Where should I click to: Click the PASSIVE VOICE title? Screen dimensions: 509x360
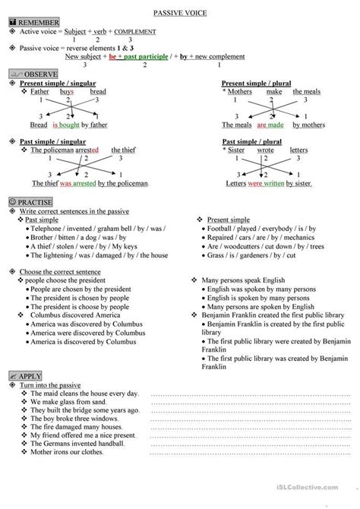[180, 14]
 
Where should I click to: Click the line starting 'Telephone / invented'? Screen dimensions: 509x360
[86, 228]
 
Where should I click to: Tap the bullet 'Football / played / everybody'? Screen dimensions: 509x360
[253, 228]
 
